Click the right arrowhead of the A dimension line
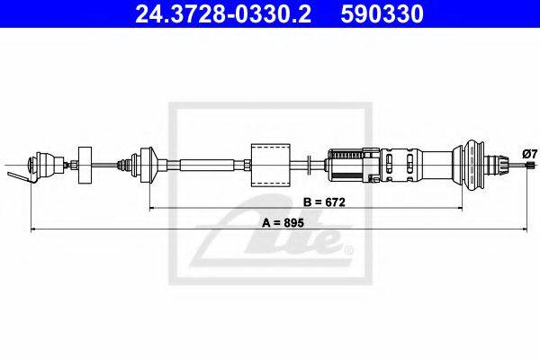coord(528,231)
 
